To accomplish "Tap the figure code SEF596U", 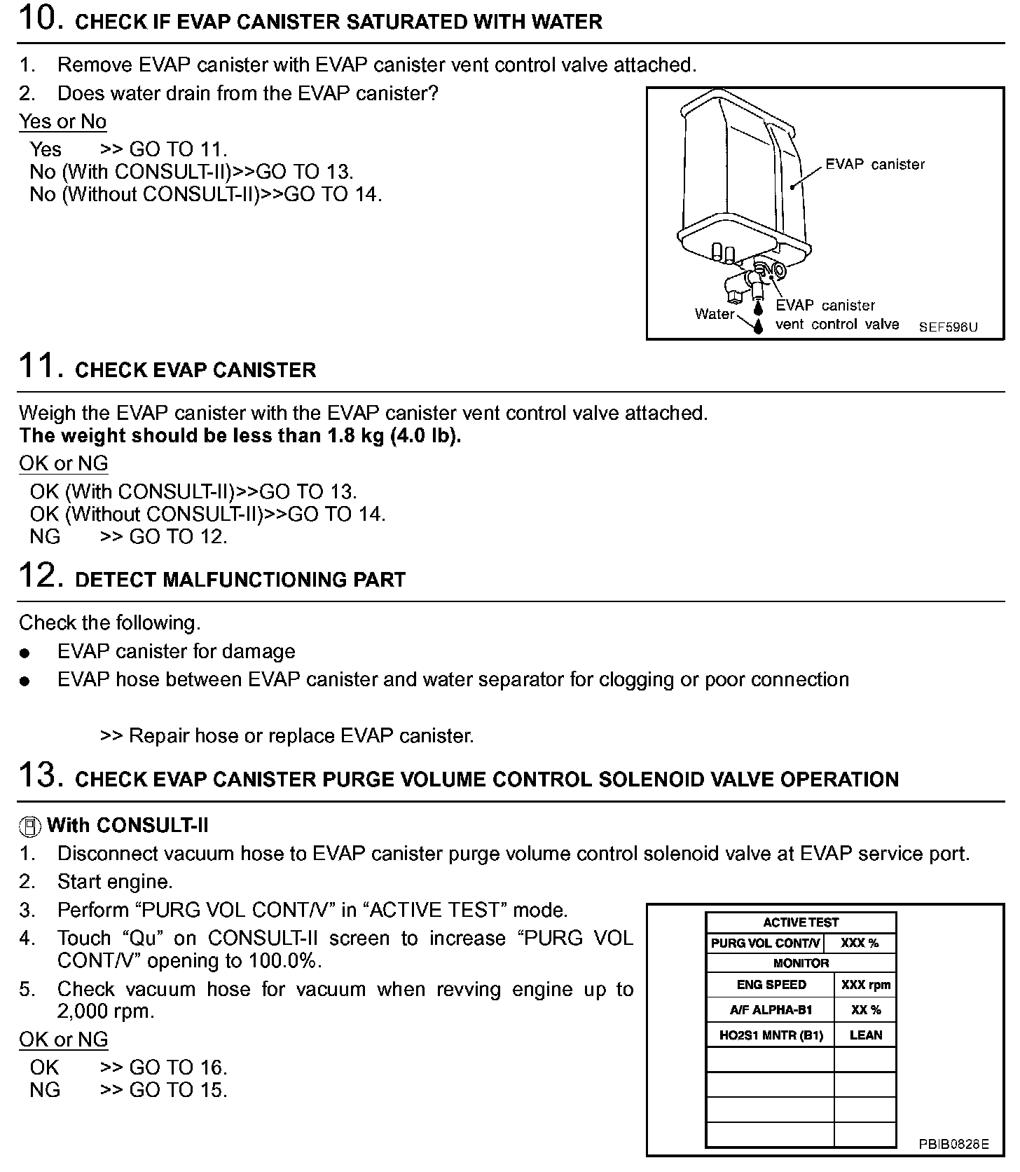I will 948,327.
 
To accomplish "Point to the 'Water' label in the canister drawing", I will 714,314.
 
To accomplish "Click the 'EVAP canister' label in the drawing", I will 874,164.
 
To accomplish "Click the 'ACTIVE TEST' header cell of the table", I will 801,922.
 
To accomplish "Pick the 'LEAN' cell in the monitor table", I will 865,1035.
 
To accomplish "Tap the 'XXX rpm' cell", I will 865,985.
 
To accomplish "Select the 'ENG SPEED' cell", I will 771,985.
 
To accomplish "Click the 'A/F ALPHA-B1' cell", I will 771,1010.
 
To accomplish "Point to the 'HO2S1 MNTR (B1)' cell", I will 771,1035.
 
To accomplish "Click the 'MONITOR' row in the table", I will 801,963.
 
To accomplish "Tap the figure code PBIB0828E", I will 953,1145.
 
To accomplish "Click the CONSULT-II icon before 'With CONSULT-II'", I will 29,827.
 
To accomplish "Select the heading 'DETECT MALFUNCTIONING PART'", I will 240,580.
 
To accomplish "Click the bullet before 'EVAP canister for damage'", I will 26,653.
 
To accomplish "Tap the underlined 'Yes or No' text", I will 62,121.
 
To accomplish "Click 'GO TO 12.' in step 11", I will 179,537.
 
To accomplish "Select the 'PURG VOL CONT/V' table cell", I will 765,943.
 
